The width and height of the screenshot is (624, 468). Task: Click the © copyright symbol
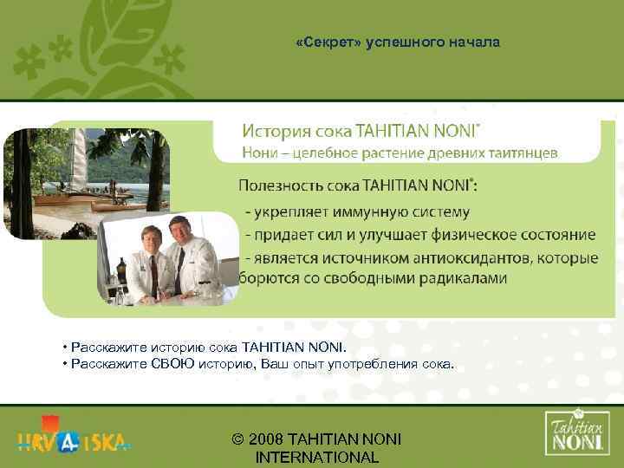[238, 439]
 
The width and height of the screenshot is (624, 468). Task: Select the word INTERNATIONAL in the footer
[317, 458]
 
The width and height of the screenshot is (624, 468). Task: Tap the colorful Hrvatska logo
[74, 439]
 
